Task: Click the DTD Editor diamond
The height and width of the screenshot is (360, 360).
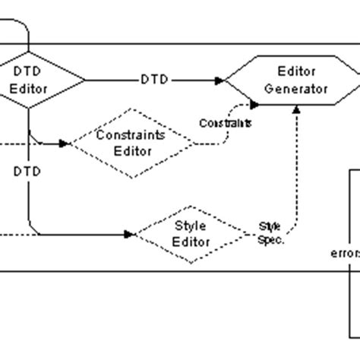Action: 32,79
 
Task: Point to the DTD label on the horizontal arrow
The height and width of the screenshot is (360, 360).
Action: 154,80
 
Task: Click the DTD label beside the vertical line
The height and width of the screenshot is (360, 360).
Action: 27,172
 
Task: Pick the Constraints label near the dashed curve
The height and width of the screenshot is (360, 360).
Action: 226,122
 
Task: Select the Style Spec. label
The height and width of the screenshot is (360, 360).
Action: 270,232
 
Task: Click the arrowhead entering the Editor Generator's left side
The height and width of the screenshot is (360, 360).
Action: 220,80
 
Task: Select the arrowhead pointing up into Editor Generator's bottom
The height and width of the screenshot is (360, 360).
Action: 296,108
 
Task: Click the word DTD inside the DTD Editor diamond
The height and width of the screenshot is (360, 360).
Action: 32,71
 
